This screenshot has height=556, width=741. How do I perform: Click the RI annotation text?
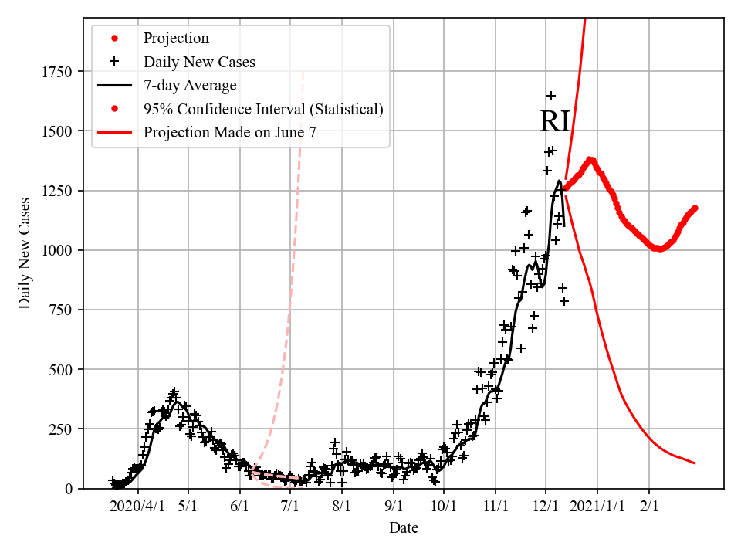[554, 122]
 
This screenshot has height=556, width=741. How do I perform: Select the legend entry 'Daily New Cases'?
[199, 62]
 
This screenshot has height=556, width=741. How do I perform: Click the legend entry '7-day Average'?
[190, 85]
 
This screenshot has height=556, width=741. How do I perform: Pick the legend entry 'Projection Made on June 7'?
[229, 133]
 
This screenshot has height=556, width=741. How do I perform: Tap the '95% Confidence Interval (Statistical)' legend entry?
[262, 109]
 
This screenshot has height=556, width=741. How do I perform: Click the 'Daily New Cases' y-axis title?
[25, 253]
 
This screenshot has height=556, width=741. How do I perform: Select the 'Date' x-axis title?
[404, 528]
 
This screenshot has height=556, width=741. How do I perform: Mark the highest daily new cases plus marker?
[551, 96]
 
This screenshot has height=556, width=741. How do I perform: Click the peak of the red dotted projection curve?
[591, 160]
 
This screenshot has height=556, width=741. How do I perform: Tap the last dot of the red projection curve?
[695, 208]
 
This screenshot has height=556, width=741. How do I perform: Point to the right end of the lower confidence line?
[695, 463]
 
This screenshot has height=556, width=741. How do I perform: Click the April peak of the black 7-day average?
[177, 402]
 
